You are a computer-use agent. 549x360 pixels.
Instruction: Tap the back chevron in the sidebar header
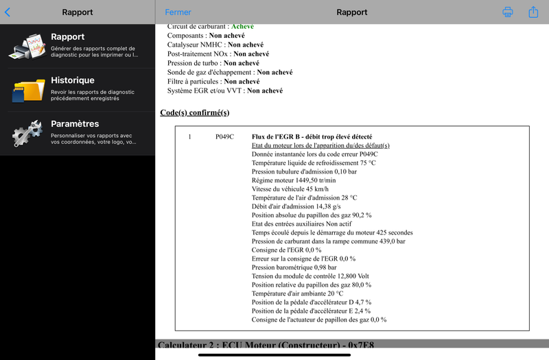8,12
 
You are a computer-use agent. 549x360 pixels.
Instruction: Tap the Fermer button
178,12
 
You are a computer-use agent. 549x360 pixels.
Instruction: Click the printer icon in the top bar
508,12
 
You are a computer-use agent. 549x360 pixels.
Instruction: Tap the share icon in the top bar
533,12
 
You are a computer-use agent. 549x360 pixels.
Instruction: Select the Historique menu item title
73,80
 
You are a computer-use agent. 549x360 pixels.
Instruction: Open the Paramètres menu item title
75,124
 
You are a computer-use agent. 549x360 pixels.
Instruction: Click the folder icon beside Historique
28,90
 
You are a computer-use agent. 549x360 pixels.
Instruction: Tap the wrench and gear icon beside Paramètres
28,134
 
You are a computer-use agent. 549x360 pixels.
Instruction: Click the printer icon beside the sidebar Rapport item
28,46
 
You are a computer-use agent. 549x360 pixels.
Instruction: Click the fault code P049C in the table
224,136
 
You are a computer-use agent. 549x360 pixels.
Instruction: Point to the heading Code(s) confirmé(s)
195,112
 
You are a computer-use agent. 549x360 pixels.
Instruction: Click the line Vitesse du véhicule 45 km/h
290,189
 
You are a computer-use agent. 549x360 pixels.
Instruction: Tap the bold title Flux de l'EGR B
312,136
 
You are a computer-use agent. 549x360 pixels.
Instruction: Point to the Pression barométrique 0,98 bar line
294,267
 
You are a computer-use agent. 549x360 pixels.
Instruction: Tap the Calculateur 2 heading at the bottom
266,344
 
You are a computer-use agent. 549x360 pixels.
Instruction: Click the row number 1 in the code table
189,136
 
